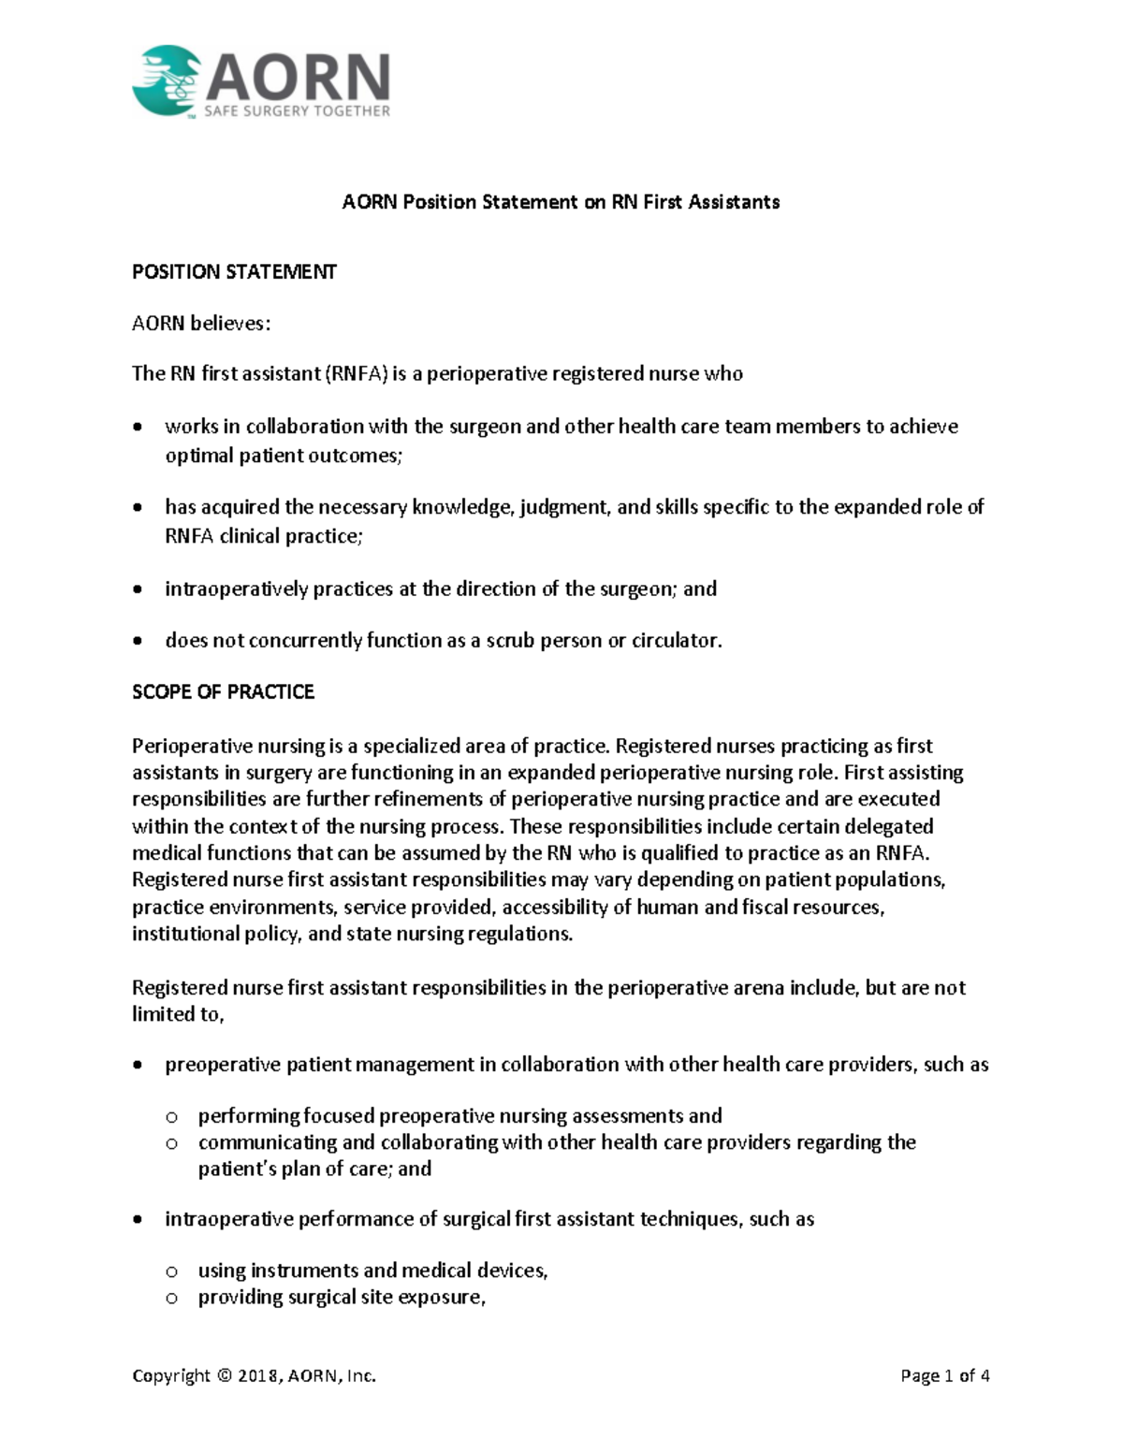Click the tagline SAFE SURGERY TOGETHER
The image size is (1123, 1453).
(x=298, y=110)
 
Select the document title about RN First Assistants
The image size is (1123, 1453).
(x=561, y=202)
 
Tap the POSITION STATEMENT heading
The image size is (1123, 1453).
(x=234, y=272)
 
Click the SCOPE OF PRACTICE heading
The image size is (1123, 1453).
(x=223, y=692)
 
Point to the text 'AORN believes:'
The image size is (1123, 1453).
(x=201, y=324)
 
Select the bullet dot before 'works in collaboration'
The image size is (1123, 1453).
(x=139, y=428)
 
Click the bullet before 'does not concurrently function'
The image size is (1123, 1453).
(x=139, y=642)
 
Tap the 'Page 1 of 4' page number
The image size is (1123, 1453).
(x=944, y=1376)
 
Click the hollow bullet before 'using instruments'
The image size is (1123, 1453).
(x=171, y=1271)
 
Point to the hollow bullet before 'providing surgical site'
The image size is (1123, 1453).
(x=171, y=1298)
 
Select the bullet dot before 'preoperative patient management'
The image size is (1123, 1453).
(x=139, y=1066)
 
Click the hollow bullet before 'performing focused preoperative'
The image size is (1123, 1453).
(x=171, y=1117)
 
